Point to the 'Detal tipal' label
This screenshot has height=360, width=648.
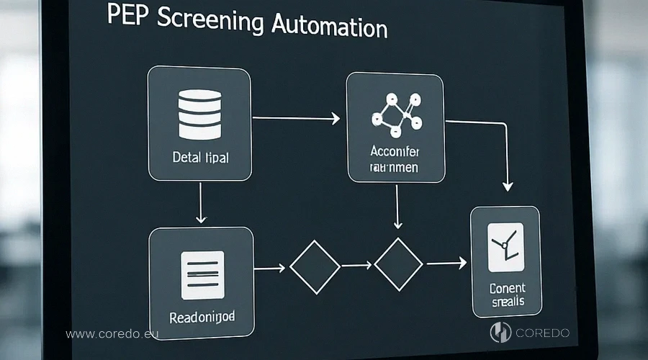pyautogui.click(x=200, y=157)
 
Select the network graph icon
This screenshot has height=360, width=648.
pyautogui.click(x=395, y=114)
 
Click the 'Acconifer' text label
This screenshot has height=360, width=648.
pyautogui.click(x=394, y=152)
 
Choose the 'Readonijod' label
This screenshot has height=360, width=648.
pyautogui.click(x=202, y=317)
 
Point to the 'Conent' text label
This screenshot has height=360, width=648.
pyautogui.click(x=507, y=288)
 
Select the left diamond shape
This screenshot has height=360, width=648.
pyautogui.click(x=315, y=267)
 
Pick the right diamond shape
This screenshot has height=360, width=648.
pyautogui.click(x=398, y=264)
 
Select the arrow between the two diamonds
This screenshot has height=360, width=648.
pyautogui.click(x=356, y=266)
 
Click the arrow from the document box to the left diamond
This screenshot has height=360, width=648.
pyautogui.click(x=270, y=269)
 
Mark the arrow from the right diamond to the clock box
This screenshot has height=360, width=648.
pyautogui.click(x=446, y=264)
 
